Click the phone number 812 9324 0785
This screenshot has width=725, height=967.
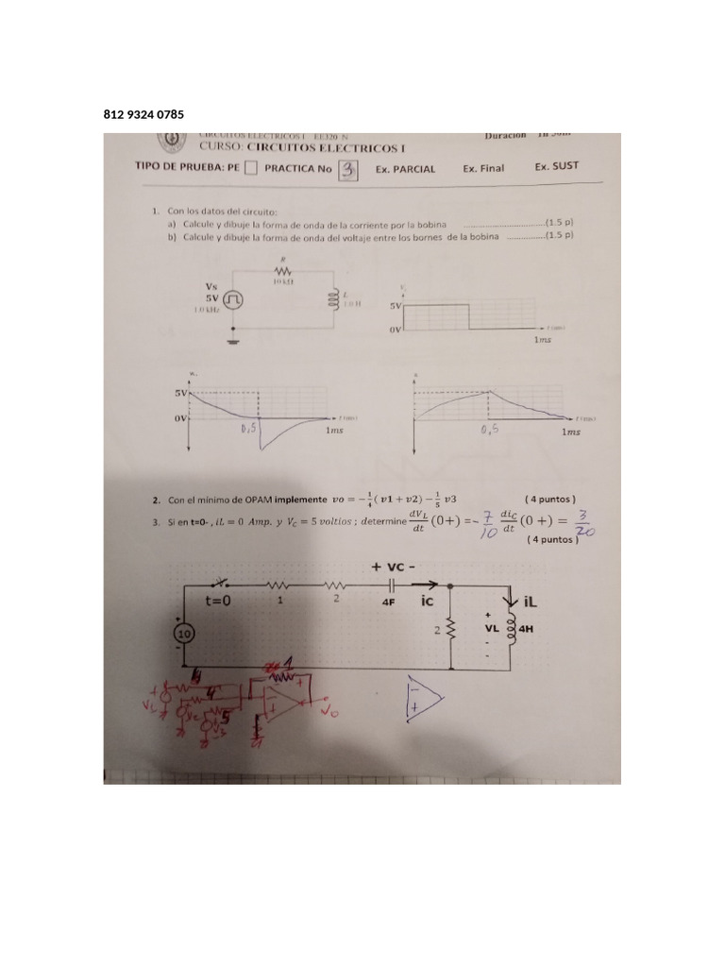point(143,115)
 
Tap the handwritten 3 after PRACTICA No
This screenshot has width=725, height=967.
point(349,169)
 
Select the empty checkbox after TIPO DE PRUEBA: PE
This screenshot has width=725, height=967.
point(250,169)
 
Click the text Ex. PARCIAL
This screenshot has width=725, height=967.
point(405,169)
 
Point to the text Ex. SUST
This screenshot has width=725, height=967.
point(556,167)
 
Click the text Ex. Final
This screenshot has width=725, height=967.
point(483,168)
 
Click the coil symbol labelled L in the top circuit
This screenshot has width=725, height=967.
point(332,298)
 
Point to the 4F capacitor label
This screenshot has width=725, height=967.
point(388,600)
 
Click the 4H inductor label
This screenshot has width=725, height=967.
point(526,625)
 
